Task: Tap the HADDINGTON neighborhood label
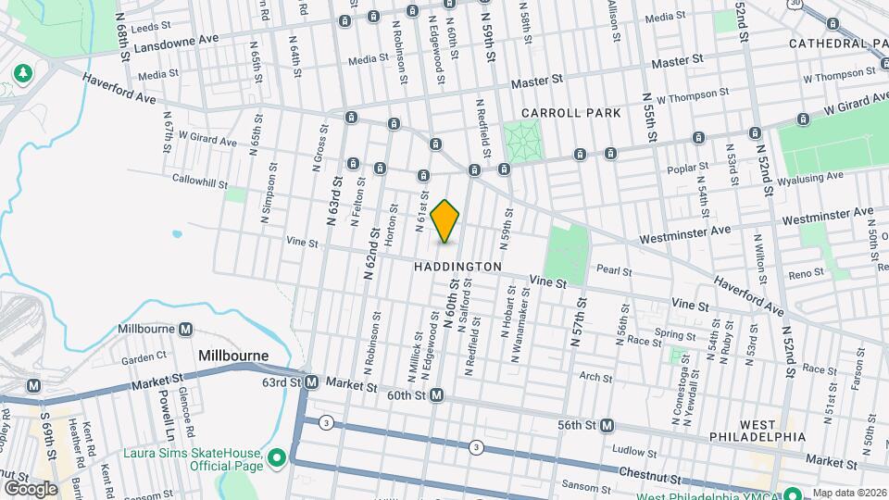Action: [x=457, y=267]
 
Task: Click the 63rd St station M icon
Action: [x=312, y=382]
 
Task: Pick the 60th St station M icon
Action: [x=436, y=395]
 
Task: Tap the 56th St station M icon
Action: [x=607, y=425]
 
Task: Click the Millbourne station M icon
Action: [x=186, y=330]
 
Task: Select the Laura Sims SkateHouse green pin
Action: [x=276, y=458]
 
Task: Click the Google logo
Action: [x=30, y=488]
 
